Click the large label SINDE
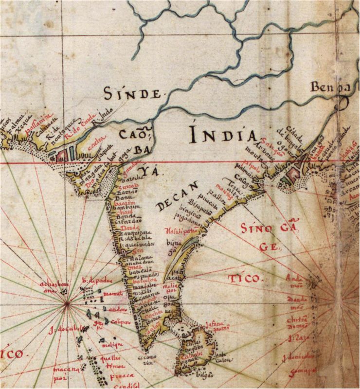click(x=132, y=93)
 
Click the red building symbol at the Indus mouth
click(x=62, y=154)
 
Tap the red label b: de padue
click(x=91, y=280)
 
